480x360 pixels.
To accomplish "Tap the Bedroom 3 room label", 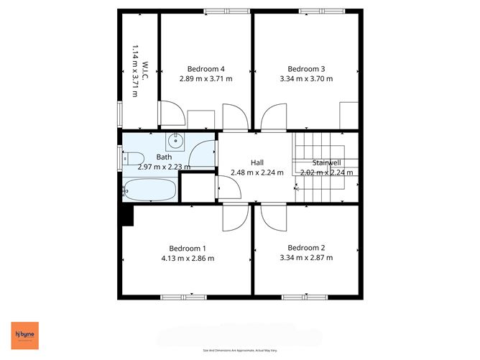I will pyautogui.click(x=306, y=69).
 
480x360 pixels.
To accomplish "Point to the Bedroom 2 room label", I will pyautogui.click(x=307, y=248).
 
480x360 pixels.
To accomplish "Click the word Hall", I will pyautogui.click(x=257, y=162).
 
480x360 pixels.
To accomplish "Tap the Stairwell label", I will pyautogui.click(x=326, y=163).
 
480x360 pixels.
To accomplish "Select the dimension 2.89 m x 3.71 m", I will pyautogui.click(x=205, y=79).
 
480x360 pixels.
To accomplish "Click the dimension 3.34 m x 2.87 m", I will pyautogui.click(x=307, y=258).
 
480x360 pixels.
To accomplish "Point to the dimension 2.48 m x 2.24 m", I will pyautogui.click(x=257, y=172).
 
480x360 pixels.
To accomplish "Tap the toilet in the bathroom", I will pyautogui.click(x=131, y=158).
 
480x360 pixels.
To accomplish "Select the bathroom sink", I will pyautogui.click(x=175, y=142).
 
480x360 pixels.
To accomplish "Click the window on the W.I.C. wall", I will pyautogui.click(x=121, y=114).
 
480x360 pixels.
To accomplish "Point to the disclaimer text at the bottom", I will pyautogui.click(x=240, y=350).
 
